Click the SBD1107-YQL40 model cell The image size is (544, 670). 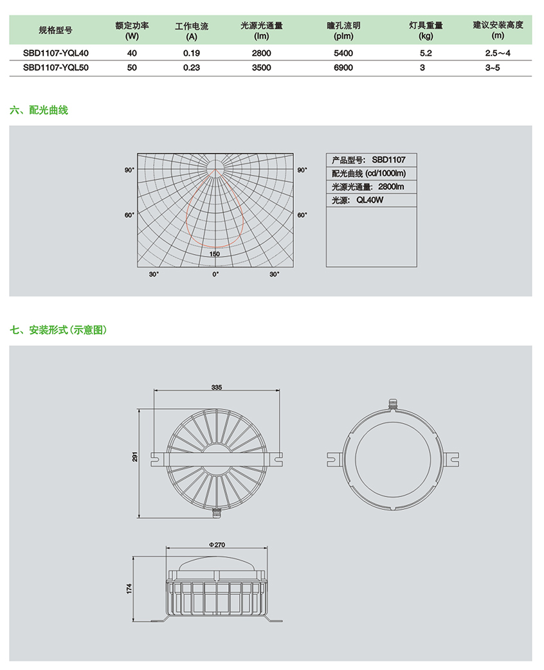(x=55, y=53)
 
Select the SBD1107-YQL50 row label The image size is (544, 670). (x=55, y=68)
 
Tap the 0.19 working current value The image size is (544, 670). (x=192, y=53)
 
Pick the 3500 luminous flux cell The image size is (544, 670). (x=261, y=68)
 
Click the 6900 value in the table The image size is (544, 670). (x=343, y=68)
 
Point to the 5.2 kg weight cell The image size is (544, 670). (x=426, y=53)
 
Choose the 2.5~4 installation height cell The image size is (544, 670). (x=498, y=53)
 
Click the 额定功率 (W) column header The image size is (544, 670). (x=132, y=31)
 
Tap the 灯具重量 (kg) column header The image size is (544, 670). (x=426, y=31)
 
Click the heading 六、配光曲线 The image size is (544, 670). (x=39, y=110)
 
